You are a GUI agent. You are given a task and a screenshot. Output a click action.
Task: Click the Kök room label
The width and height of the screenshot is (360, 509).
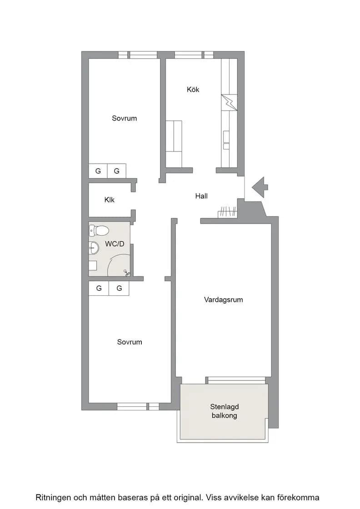(193, 89)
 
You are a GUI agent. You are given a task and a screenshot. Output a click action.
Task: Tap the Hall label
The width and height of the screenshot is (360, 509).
(201, 196)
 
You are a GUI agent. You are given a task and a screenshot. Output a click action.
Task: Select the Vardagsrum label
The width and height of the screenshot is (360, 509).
(223, 299)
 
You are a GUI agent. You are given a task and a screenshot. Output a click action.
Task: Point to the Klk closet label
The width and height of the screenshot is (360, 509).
(110, 200)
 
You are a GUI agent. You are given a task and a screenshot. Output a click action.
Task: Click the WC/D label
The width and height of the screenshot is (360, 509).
(115, 244)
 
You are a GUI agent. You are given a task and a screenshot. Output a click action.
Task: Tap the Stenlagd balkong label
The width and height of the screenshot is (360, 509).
(224, 411)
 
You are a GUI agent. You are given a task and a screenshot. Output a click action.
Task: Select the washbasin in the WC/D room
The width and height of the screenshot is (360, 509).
(94, 248)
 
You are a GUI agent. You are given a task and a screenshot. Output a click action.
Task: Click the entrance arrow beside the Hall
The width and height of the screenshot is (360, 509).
(260, 187)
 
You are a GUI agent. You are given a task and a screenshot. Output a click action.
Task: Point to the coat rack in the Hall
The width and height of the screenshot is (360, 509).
(228, 212)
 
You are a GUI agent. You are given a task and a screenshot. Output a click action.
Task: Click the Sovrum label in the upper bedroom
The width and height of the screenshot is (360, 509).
(125, 118)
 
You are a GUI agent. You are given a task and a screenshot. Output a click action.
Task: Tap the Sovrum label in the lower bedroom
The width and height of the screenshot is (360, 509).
(130, 342)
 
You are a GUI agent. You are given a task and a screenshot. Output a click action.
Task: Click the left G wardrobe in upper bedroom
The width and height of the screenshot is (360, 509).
(98, 171)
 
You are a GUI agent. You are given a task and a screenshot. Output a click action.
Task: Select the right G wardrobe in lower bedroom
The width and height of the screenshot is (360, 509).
(119, 288)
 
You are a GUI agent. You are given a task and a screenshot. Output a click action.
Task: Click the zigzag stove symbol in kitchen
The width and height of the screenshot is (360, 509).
(229, 103)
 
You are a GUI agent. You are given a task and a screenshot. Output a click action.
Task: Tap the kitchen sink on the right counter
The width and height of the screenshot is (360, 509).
(226, 140)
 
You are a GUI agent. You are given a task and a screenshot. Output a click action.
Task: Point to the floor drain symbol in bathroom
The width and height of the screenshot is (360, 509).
(126, 273)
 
